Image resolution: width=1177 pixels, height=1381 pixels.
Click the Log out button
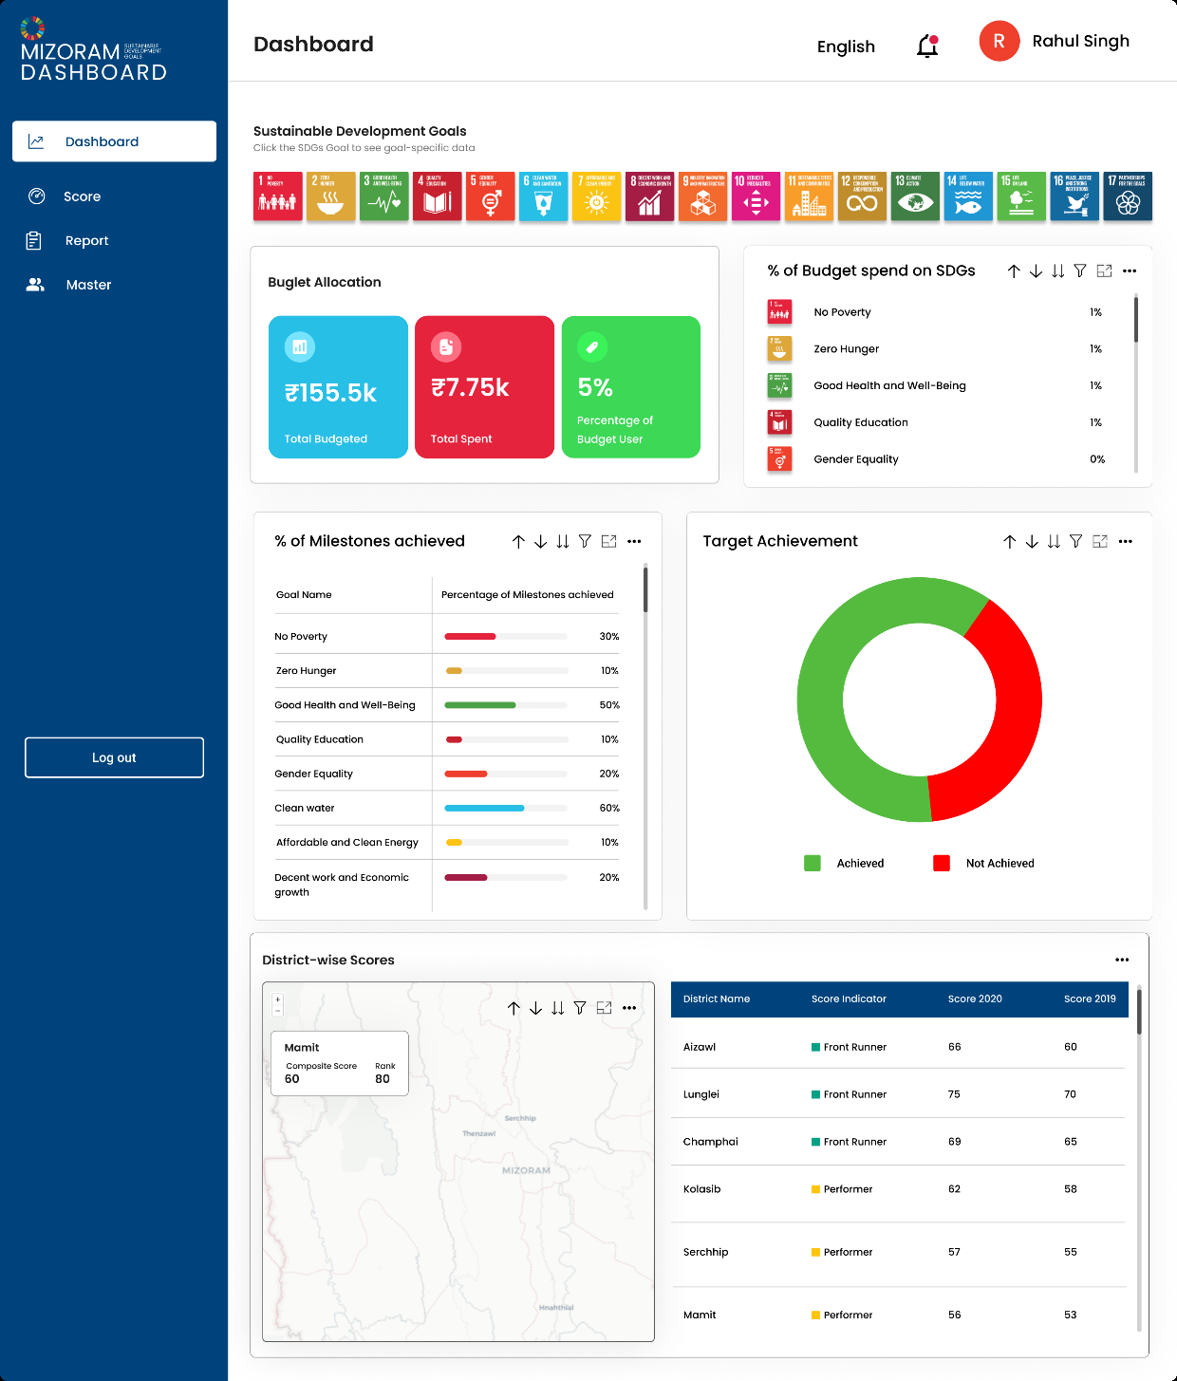tap(114, 757)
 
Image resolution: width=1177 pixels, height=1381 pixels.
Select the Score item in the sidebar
tap(82, 196)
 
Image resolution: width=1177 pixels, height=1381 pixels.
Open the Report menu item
tap(86, 241)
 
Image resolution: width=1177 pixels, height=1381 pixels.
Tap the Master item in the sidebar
tap(88, 285)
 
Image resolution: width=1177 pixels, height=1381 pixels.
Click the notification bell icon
tap(927, 47)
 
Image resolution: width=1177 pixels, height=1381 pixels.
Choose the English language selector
tap(846, 47)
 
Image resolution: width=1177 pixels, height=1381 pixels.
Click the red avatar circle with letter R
tap(999, 42)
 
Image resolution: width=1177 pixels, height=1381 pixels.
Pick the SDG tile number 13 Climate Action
tap(915, 196)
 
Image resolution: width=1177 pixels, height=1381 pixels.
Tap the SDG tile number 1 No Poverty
tap(278, 196)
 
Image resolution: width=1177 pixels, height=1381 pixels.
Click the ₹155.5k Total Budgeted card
tap(338, 387)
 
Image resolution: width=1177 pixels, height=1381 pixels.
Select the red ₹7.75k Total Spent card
tap(484, 387)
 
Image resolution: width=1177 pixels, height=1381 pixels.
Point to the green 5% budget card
tap(630, 387)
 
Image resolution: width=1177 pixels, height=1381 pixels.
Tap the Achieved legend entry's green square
tap(813, 863)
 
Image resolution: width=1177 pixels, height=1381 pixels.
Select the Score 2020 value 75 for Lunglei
tap(954, 1094)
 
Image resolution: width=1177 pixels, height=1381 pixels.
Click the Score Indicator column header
tap(849, 998)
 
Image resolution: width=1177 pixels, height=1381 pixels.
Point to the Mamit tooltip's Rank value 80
tap(383, 1079)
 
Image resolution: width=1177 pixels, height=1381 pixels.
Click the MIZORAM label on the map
tap(526, 1170)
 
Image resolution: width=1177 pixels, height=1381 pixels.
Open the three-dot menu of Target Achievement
tap(1126, 542)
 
